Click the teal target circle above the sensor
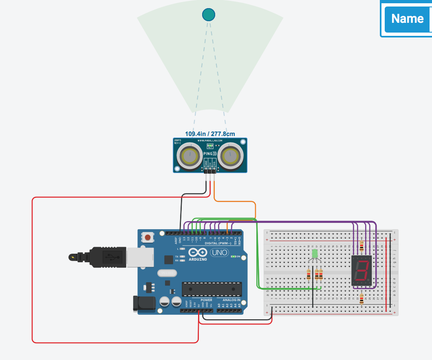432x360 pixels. [209, 15]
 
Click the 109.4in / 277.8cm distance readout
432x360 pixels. [210, 134]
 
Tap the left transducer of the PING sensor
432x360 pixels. [190, 155]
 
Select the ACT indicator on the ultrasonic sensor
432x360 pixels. [210, 146]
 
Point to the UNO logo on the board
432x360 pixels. [220, 253]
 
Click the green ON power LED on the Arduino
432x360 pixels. [234, 257]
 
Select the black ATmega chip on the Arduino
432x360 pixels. [209, 289]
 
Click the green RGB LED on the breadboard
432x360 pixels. [315, 254]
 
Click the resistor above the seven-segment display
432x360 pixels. [362, 245]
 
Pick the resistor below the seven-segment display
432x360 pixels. [362, 299]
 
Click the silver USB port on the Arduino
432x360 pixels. [139, 256]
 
